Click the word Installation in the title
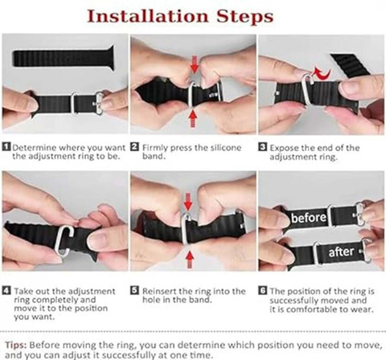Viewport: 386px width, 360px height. (148, 16)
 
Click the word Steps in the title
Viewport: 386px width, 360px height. (245, 17)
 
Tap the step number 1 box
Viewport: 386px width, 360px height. (6, 147)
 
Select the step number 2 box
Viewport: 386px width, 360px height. (134, 147)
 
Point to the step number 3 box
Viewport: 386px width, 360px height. (262, 147)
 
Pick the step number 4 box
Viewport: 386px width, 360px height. (6, 290)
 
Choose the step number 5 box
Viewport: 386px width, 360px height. (134, 290)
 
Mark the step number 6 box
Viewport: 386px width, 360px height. (263, 290)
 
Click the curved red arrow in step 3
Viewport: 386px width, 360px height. (322, 74)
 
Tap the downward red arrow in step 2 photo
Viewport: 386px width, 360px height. (195, 64)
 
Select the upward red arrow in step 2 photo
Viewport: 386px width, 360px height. (193, 119)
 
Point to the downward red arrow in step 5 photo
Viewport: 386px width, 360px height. (188, 202)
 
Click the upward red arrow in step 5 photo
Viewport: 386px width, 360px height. (190, 260)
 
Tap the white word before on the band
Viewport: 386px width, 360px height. (309, 217)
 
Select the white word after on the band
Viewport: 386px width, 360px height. (341, 252)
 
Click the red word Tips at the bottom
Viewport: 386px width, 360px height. (15, 345)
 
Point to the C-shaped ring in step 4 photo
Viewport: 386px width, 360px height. (64, 240)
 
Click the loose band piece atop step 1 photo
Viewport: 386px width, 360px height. (64, 58)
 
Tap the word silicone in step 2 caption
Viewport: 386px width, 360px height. (226, 147)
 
